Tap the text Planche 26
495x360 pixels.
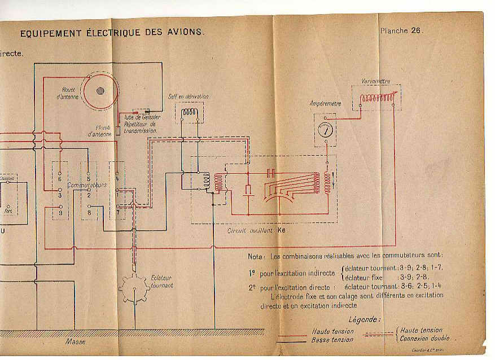401,30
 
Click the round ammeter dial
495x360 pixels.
325,129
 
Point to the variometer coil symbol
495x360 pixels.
377,99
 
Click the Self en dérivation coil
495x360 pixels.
189,114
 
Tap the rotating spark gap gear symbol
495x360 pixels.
134,288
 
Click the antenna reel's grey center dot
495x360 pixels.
100,90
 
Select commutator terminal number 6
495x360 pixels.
60,179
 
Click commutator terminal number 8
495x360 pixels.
89,213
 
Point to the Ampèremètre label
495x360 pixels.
325,104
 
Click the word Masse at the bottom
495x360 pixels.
75,341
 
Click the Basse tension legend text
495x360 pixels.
332,340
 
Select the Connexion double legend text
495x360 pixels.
425,338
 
